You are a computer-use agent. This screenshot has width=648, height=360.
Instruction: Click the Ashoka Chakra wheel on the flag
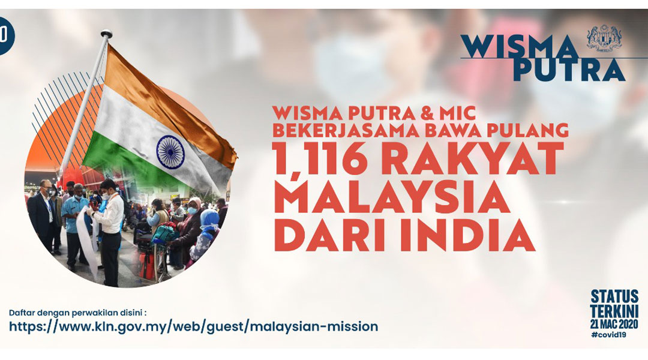(170, 152)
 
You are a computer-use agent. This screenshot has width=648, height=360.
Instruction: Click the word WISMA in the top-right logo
(520, 47)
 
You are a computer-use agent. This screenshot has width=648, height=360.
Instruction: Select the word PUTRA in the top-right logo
(569, 70)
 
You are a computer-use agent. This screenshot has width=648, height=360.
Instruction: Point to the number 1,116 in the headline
(317, 160)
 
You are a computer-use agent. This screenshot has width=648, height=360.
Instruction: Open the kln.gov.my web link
(193, 326)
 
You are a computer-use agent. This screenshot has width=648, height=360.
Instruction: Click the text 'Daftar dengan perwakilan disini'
(76, 312)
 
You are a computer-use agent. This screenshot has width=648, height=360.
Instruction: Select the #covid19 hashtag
(608, 335)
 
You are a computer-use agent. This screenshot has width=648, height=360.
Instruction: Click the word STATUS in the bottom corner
(614, 297)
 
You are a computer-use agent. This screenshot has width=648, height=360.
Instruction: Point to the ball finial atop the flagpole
(107, 33)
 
